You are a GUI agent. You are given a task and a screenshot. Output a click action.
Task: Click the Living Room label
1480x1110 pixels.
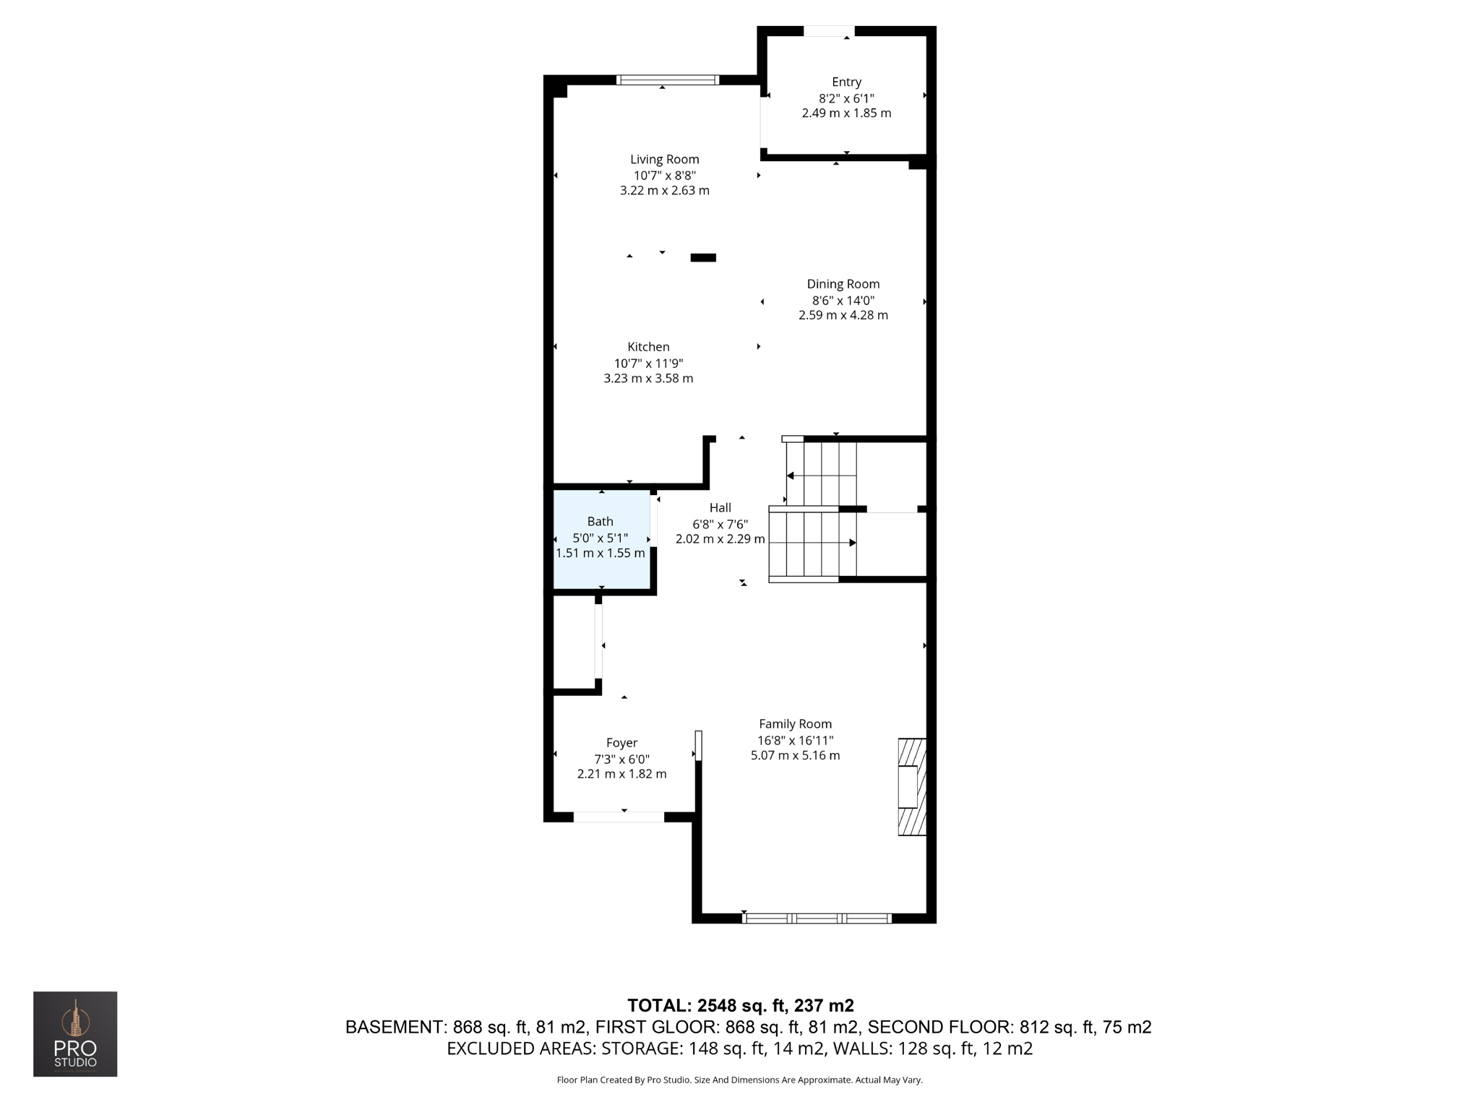[x=664, y=160]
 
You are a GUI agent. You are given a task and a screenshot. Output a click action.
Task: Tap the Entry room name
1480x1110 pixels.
[x=846, y=82]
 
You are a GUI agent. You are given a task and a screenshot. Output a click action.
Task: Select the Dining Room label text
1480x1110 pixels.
[x=843, y=284]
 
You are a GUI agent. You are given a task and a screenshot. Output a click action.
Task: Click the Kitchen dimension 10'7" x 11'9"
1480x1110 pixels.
[x=648, y=363]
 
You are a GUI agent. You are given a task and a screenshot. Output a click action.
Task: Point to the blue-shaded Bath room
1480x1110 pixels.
[x=601, y=538]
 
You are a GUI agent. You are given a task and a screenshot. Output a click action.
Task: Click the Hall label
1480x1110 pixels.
[x=720, y=508]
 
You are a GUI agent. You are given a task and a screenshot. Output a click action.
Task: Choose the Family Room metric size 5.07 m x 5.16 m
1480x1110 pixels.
[x=795, y=756]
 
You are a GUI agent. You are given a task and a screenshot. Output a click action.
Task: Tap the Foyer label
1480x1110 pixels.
[x=621, y=743]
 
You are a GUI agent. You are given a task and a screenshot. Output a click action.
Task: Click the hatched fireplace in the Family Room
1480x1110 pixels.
[x=911, y=787]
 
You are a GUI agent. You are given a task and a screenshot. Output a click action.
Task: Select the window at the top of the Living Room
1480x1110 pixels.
[x=667, y=80]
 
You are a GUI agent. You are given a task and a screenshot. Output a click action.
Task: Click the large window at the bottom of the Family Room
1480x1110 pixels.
[x=817, y=918]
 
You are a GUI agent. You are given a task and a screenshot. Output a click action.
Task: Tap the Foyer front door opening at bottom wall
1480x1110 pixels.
[x=619, y=817]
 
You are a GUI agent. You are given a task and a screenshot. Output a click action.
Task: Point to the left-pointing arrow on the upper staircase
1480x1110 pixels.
[x=791, y=476]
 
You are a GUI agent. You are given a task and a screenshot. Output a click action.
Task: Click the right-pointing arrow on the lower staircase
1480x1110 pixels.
[x=852, y=543]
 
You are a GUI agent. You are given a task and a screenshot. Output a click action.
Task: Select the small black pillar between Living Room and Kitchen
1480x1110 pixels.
[x=703, y=258]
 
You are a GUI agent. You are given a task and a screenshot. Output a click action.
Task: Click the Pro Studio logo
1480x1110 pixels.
[x=75, y=1034]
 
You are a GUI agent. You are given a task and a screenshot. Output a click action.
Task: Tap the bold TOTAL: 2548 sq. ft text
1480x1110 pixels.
[x=740, y=1005]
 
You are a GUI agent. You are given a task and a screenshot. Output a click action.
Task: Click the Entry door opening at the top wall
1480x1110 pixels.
[x=829, y=31]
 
